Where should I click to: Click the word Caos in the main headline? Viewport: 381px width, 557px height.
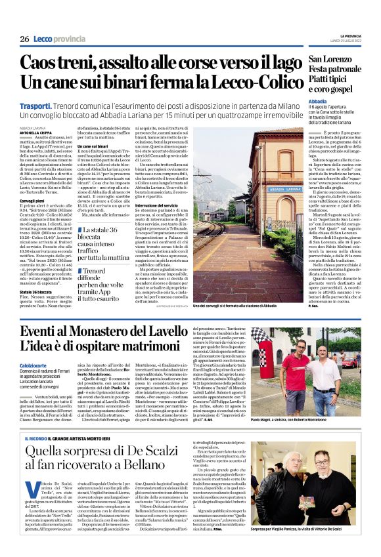click(x=45, y=64)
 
